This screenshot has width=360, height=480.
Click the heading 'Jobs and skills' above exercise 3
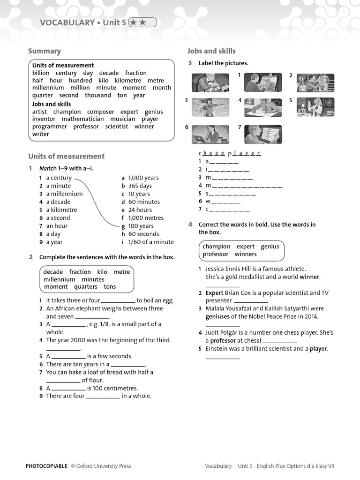[211, 51]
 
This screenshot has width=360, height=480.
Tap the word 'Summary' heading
[45, 51]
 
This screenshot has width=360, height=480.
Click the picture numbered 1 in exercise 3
[263, 82]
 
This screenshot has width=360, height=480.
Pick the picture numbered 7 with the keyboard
[263, 135]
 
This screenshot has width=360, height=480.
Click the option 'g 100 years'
[138, 226]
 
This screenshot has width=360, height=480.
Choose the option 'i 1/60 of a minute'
[148, 242]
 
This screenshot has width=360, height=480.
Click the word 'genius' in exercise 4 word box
[270, 247]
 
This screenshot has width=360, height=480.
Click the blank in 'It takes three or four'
[118, 301]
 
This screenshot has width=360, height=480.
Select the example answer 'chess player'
[230, 153]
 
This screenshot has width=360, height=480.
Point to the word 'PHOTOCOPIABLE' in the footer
[46, 466]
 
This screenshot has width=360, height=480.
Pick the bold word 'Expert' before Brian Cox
[214, 293]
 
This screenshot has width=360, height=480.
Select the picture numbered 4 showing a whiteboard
[263, 107]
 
